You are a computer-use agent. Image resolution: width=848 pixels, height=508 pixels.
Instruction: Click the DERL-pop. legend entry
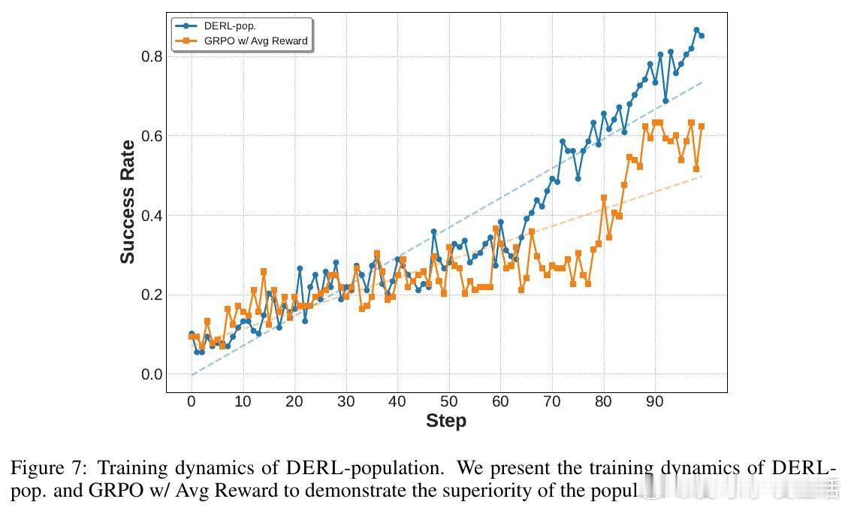tap(230, 26)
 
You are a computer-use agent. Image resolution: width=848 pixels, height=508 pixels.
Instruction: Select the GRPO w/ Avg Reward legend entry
tap(255, 41)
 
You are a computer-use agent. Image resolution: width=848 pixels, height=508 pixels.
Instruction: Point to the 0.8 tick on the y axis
tap(152, 56)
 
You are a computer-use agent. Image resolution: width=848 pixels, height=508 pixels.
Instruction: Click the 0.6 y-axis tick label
tap(152, 136)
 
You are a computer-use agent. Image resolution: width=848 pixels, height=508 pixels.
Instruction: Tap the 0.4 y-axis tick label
tap(152, 216)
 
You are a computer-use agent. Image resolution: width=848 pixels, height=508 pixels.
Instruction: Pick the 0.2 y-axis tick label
tap(152, 295)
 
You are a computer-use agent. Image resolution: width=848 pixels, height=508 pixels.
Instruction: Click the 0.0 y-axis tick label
tap(152, 374)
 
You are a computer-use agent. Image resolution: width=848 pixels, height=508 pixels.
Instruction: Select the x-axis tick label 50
tap(449, 401)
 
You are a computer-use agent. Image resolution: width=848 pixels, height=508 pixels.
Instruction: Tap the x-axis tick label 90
tap(655, 401)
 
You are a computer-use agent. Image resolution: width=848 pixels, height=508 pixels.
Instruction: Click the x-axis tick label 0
tap(192, 401)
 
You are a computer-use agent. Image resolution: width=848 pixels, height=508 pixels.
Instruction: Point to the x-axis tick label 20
tap(294, 401)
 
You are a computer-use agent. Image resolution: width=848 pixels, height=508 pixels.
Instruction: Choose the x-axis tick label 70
tap(552, 401)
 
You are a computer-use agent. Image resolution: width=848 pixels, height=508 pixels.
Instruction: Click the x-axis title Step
tap(446, 421)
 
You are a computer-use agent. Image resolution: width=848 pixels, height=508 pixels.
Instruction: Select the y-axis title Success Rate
tap(128, 202)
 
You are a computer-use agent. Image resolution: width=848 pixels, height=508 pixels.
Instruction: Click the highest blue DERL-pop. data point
tap(696, 31)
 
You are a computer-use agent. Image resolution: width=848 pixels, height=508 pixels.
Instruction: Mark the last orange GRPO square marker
tap(702, 126)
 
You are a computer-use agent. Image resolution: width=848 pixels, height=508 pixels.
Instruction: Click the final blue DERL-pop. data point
tap(702, 35)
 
